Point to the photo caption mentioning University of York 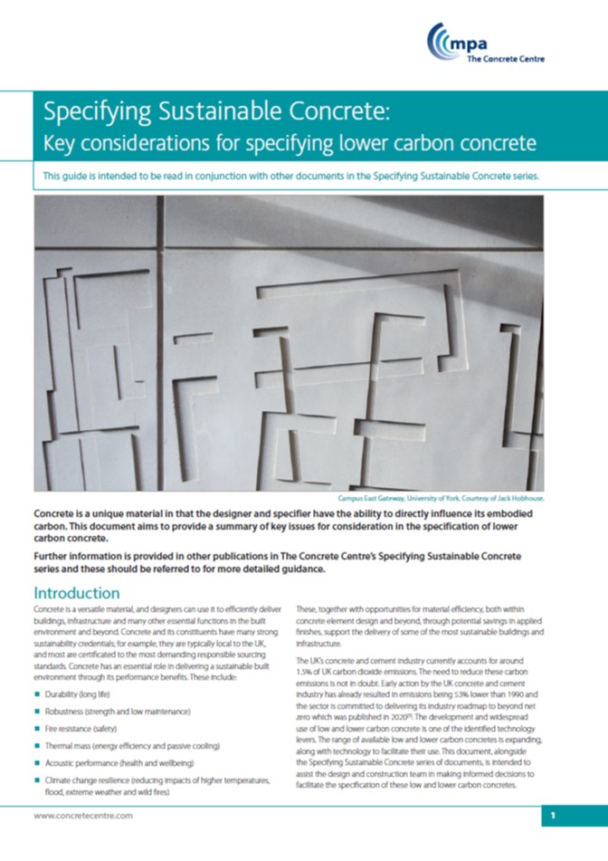coord(470,498)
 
